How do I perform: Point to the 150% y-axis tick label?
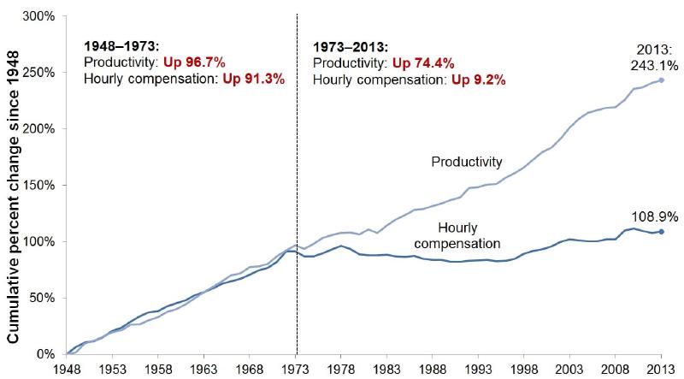(x=39, y=185)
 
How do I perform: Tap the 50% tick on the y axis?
(x=43, y=298)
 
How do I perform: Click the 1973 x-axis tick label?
(x=296, y=369)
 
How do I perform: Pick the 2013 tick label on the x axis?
(x=661, y=369)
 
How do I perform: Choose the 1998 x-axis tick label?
(x=523, y=369)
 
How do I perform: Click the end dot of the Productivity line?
(x=661, y=80)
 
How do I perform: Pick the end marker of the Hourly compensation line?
(x=661, y=232)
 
